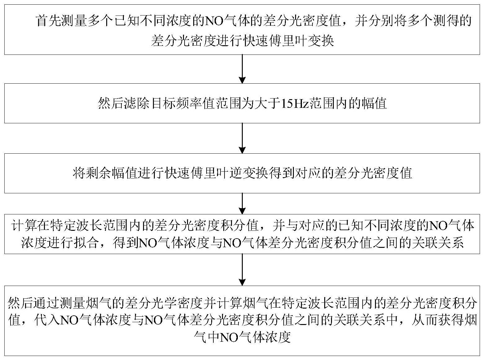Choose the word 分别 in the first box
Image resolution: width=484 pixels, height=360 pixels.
(x=382, y=21)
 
